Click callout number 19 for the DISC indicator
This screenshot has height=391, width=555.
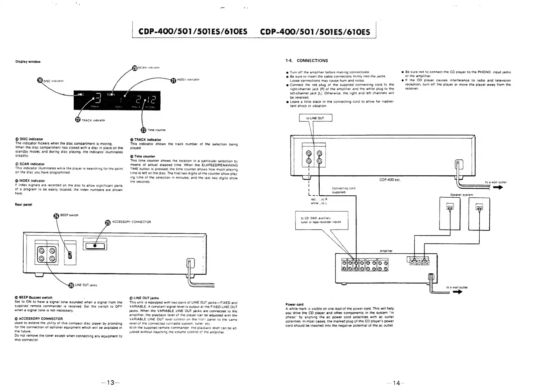(40, 80)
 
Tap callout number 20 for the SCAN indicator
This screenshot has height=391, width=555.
(135, 68)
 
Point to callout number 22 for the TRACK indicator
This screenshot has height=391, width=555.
(78, 120)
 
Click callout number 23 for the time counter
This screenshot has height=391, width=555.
(144, 130)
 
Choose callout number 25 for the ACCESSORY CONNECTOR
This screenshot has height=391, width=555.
(108, 223)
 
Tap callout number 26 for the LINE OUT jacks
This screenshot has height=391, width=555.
(71, 285)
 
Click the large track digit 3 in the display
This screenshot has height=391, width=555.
(97, 98)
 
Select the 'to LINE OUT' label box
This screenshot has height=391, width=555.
(315, 118)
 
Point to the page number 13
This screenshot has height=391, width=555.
(110, 383)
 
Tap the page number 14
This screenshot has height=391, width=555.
(396, 383)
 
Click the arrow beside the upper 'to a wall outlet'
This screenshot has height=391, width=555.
(498, 187)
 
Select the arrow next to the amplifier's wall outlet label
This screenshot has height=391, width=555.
(457, 292)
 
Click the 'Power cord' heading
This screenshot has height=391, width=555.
(294, 304)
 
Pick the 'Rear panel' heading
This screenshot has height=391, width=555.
(23, 205)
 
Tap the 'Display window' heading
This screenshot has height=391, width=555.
(28, 62)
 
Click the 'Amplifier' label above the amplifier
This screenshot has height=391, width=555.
(386, 251)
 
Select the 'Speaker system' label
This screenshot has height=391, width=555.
(461, 195)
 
